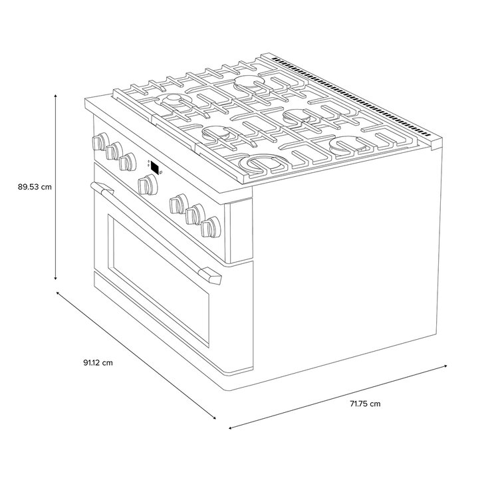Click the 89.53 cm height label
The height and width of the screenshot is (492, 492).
click(35, 187)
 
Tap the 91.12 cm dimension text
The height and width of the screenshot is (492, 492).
click(98, 363)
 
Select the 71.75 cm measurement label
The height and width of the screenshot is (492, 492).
click(365, 404)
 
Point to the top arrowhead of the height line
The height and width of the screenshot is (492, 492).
click(56, 95)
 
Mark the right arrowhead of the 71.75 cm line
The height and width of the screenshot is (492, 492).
click(445, 366)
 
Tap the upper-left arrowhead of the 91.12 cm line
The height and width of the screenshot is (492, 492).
click(58, 293)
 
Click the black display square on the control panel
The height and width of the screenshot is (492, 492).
click(155, 168)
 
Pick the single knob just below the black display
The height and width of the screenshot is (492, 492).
click(148, 185)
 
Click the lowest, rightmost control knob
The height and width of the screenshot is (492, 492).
click(211, 227)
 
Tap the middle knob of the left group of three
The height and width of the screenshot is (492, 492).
click(114, 151)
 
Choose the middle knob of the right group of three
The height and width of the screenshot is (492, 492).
click(195, 214)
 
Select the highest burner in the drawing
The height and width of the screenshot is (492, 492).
click(249, 83)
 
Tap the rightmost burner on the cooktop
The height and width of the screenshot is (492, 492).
click(348, 145)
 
